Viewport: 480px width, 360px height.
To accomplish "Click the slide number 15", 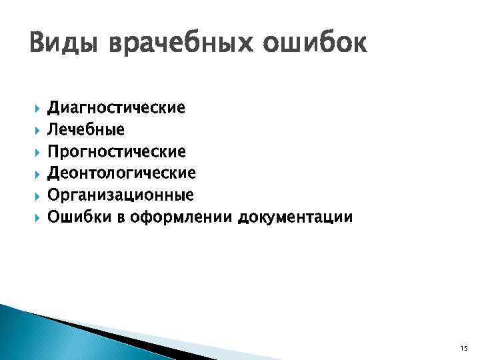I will [463, 349].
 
